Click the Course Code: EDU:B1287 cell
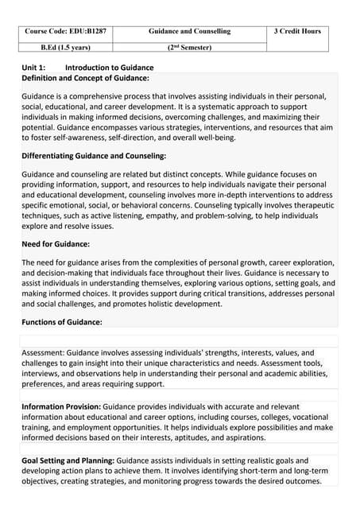(x=65, y=31)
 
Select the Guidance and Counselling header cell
(x=189, y=31)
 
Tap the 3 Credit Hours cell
(x=297, y=31)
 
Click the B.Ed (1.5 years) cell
(x=65, y=48)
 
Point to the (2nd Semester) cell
(x=189, y=48)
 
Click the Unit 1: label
(x=33, y=68)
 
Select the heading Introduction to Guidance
(x=109, y=68)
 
